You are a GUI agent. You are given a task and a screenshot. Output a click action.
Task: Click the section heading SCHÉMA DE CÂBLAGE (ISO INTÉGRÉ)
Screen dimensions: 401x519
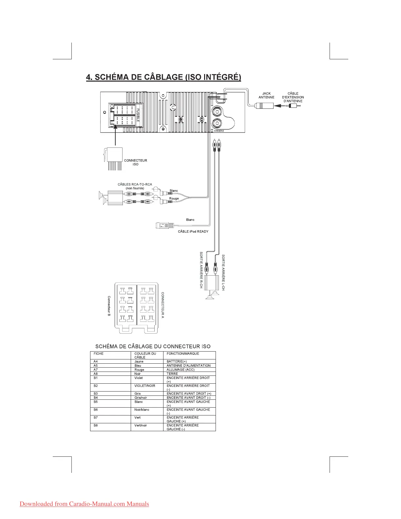pos(163,77)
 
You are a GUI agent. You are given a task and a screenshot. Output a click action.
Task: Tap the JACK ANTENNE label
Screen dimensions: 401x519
pos(266,95)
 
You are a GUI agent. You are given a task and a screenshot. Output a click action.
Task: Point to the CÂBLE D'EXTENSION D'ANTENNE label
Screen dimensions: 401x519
pos(293,97)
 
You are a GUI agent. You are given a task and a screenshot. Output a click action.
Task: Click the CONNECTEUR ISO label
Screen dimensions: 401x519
pos(135,162)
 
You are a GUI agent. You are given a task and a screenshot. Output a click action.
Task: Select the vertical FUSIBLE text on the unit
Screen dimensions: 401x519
pos(138,115)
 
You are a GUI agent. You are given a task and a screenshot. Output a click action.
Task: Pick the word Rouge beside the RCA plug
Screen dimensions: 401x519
pos(174,199)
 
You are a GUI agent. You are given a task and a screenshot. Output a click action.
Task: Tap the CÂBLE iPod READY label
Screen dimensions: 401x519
pos(193,231)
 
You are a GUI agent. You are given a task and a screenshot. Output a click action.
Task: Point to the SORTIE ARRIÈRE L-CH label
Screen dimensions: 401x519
pos(223,272)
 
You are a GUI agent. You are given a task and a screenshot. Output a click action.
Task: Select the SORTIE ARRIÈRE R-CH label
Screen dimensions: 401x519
pos(201,270)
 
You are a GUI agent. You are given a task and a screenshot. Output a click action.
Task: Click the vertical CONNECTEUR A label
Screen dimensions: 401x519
pos(163,305)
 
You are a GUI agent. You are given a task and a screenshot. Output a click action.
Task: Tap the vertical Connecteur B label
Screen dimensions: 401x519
pos(109,306)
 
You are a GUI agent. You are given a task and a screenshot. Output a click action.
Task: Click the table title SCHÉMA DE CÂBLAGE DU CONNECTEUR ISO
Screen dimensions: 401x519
pos(153,346)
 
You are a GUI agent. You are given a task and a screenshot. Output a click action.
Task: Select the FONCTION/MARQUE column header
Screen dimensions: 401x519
pos(183,354)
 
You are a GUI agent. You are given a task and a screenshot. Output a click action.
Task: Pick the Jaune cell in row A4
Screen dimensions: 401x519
pos(139,361)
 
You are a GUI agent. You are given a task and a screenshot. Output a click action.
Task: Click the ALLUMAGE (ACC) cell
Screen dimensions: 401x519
pos(181,370)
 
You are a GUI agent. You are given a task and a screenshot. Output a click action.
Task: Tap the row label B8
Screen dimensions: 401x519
pos(96,425)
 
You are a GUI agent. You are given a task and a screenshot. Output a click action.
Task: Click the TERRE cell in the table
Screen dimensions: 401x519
pos(172,374)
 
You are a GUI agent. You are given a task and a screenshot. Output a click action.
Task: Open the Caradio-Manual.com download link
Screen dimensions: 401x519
pos(84,504)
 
